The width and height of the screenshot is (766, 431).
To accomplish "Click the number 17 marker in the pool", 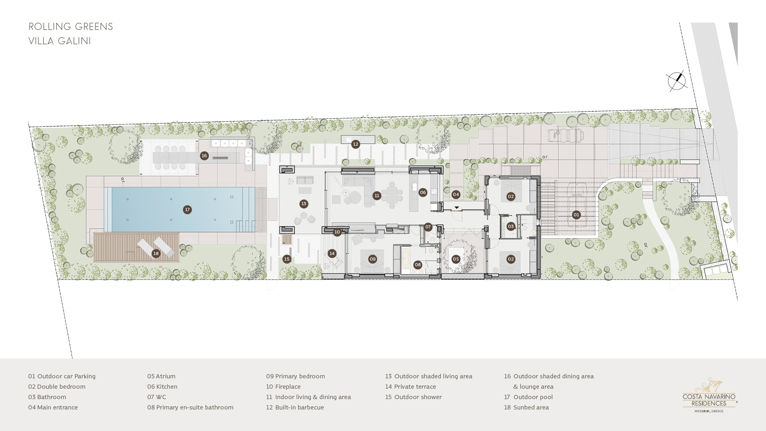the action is (187, 210).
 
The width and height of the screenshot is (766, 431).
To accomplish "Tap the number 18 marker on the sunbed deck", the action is (156, 253).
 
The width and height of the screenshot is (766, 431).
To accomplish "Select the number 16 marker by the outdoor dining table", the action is (204, 156).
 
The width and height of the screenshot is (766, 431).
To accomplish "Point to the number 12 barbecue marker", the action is (355, 144).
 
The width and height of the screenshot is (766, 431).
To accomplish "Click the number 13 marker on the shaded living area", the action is (304, 204).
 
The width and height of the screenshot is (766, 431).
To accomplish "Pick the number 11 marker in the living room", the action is (377, 196).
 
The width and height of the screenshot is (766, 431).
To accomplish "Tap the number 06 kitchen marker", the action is (423, 192).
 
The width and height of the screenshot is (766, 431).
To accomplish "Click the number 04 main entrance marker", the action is (456, 194).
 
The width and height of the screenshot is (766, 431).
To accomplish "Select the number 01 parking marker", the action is (576, 215).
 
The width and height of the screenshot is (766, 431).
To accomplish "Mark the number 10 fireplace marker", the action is (337, 232).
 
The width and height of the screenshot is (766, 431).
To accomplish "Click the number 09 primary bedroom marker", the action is (373, 259).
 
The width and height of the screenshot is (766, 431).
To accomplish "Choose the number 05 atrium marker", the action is (456, 259).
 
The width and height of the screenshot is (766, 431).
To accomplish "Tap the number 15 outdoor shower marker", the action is (287, 259).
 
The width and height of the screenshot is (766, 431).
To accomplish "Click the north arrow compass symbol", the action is (677, 81).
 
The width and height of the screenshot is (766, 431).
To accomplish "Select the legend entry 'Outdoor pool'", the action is (528, 397).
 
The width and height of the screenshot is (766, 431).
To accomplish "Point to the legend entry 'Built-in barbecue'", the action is (295, 407).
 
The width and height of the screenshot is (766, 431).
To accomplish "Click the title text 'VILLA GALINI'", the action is (60, 41).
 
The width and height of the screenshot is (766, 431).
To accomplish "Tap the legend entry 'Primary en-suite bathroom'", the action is (190, 407).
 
